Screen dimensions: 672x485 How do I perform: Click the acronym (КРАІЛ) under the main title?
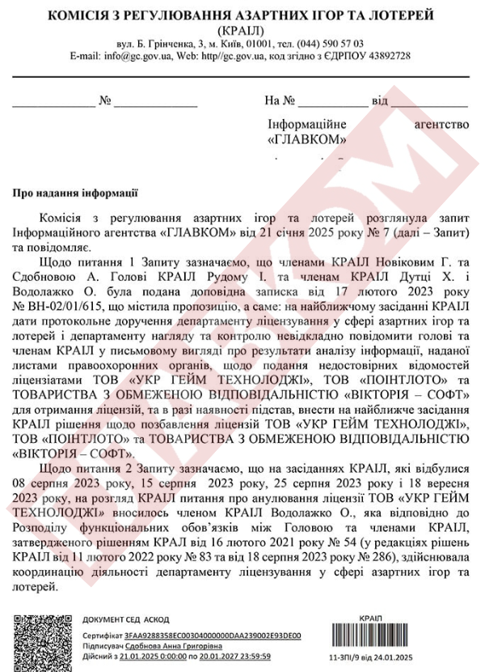coord(240,30)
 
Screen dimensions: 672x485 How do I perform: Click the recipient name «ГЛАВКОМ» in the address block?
coord(307,139)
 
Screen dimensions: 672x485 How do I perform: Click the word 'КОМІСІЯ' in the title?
coord(78,15)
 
